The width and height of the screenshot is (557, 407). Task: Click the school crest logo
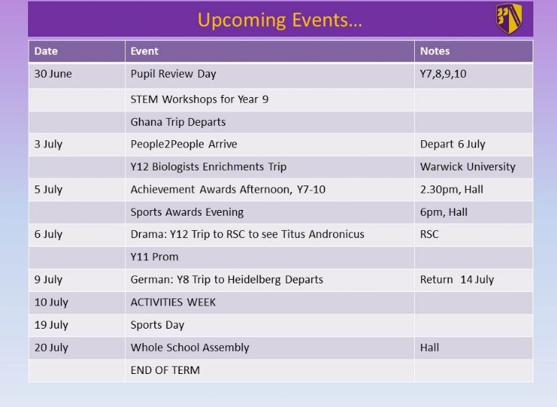(509, 19)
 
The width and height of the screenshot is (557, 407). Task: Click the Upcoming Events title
(279, 20)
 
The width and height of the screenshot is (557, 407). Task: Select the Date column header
(46, 51)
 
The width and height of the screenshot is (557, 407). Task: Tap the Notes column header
(435, 51)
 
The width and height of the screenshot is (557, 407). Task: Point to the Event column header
(144, 51)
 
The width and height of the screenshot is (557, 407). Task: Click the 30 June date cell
(53, 73)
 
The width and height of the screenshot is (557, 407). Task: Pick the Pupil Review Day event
(174, 74)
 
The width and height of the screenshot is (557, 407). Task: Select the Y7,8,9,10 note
(443, 74)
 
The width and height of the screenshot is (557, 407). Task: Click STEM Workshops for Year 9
(200, 99)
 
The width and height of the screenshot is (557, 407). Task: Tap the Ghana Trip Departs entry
(178, 122)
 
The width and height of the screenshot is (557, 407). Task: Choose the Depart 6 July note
(452, 145)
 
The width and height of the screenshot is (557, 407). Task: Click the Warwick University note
(467, 167)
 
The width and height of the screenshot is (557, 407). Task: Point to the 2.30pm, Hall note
(451, 190)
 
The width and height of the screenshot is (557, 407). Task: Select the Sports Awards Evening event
(187, 212)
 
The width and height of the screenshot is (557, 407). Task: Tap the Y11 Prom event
(154, 257)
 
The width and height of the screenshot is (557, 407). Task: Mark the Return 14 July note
(457, 280)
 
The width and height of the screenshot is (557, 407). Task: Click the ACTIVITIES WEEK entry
(173, 303)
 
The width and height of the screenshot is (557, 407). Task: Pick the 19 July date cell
(51, 325)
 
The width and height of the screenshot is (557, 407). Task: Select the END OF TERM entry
(165, 370)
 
